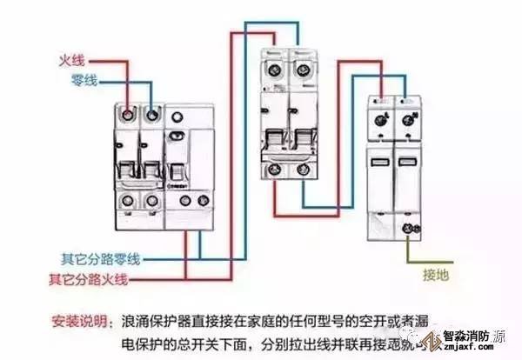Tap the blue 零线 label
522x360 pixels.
[x=84, y=81]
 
